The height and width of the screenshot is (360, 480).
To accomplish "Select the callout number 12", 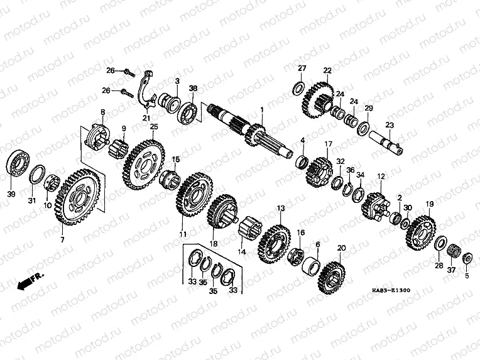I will point(381,177).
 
